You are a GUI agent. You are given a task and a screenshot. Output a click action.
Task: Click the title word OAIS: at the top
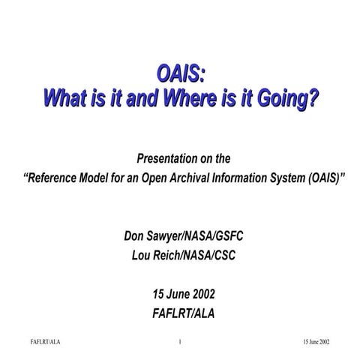point(181,74)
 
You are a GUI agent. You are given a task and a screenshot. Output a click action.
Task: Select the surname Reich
point(162,255)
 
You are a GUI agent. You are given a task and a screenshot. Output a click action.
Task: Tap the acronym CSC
point(222,255)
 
